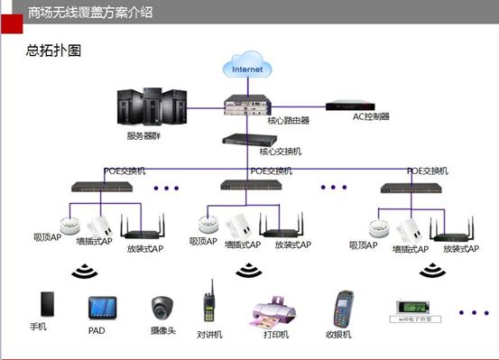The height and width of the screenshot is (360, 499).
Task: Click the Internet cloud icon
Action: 249,67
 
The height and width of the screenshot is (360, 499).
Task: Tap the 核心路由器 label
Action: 288,119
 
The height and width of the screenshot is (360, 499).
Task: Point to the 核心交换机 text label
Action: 281,152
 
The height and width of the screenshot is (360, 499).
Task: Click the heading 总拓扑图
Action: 54,51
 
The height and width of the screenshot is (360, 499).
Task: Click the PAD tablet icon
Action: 101,307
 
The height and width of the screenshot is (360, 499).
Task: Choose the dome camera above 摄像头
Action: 162,307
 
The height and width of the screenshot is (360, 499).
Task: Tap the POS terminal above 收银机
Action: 344,307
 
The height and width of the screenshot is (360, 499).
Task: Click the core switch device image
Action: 249,140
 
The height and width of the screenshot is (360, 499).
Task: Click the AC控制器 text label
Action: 371,116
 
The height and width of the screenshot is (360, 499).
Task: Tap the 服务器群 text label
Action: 145,136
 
